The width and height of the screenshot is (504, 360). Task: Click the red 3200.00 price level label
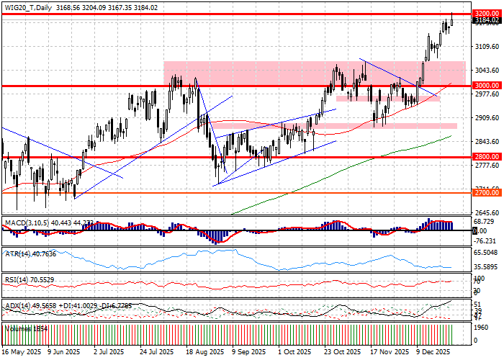point(487,14)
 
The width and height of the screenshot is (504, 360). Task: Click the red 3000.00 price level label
point(487,85)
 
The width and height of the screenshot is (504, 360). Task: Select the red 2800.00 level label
point(487,156)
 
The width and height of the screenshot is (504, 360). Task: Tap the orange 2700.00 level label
point(487,192)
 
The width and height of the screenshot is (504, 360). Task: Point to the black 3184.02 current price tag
point(487,21)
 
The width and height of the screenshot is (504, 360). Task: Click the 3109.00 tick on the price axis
point(487,46)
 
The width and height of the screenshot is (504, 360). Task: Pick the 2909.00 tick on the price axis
point(487,117)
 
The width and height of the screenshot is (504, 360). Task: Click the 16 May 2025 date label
point(22,353)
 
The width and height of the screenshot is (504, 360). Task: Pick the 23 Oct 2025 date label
point(341,353)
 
